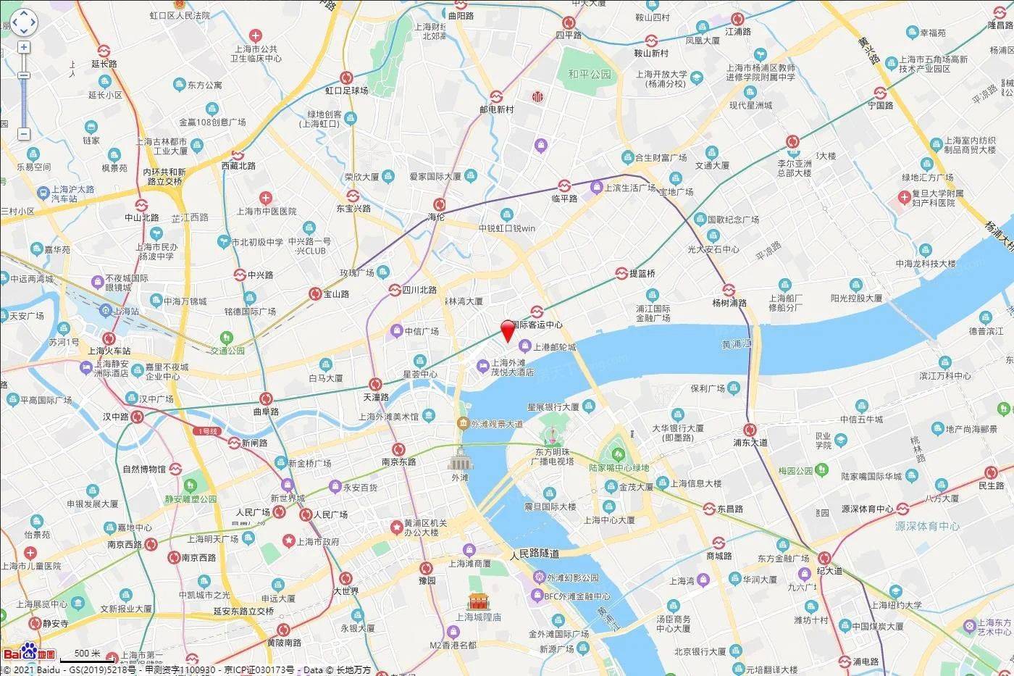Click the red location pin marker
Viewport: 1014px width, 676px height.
(x=508, y=331)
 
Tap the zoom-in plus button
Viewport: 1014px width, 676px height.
(x=24, y=47)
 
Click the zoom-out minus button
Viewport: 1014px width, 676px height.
(x=24, y=134)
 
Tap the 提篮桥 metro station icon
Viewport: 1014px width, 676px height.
(x=621, y=273)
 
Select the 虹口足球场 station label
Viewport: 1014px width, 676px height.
(x=346, y=91)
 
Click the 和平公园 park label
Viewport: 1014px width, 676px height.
(x=590, y=74)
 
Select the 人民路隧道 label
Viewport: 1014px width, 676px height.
(x=535, y=554)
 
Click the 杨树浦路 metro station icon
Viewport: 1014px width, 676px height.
(x=729, y=290)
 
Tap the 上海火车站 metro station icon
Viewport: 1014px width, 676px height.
(x=109, y=338)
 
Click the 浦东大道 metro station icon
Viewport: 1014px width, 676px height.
(x=750, y=429)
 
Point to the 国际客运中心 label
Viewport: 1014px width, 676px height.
(x=537, y=325)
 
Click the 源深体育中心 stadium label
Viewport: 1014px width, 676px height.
(x=928, y=526)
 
